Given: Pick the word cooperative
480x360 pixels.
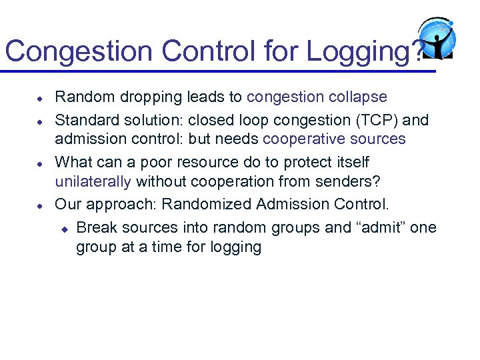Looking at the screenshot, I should [305, 139].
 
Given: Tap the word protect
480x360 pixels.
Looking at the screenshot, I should [313, 162].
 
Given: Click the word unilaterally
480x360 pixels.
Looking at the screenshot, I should [93, 181].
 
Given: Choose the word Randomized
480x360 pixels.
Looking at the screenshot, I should [205, 204].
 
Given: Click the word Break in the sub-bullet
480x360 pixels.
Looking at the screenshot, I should [95, 227].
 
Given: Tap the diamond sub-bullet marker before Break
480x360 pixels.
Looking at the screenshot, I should [64, 228].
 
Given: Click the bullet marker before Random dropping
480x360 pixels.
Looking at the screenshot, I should [41, 98].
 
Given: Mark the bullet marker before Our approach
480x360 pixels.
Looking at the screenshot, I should [41, 205].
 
